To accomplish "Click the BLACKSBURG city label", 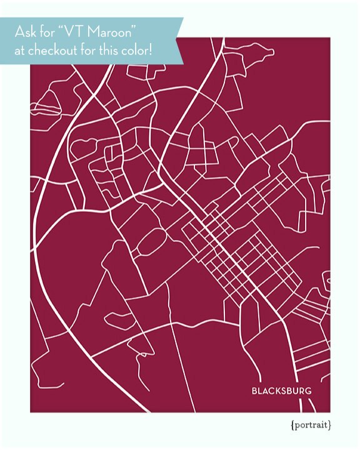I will click(x=281, y=392).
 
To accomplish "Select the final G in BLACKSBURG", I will click(x=308, y=392).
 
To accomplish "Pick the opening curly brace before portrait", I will click(x=292, y=426).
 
